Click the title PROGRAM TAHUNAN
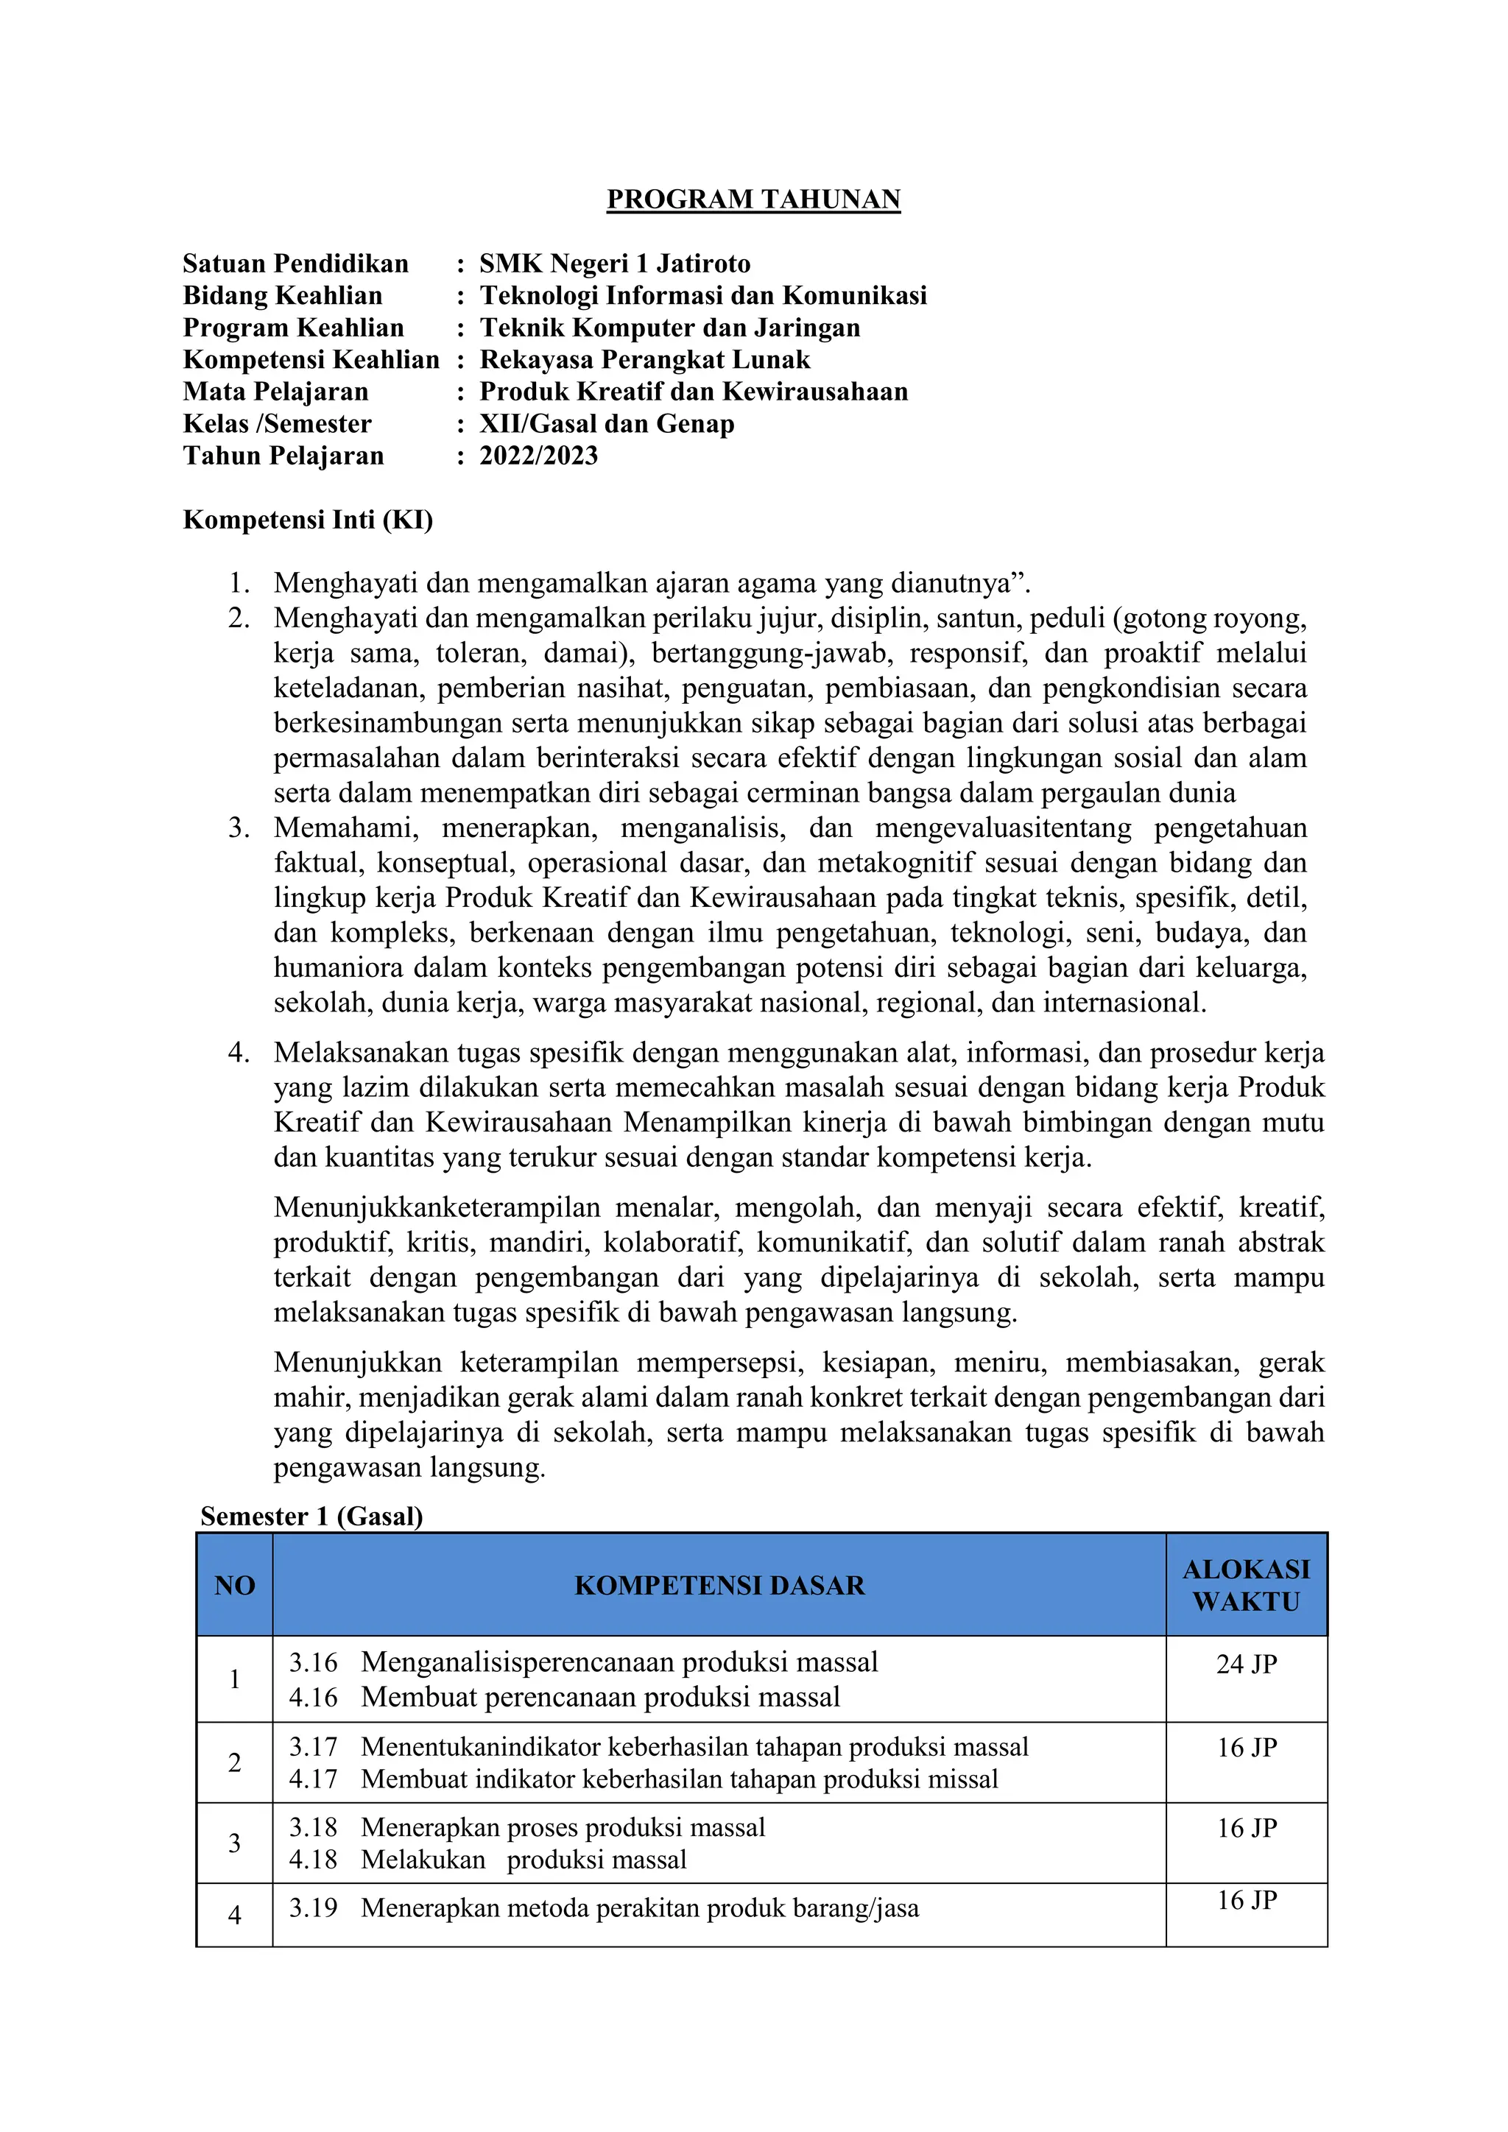click(x=753, y=200)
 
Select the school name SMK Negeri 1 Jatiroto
click(x=615, y=264)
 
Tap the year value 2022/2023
click(x=538, y=456)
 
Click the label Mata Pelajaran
click(x=276, y=392)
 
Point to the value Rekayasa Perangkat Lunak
click(x=644, y=359)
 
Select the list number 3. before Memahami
click(x=239, y=827)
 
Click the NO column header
click(x=235, y=1586)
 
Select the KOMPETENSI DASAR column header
click(x=719, y=1586)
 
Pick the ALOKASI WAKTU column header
click(x=1246, y=1586)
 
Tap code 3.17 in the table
click(x=313, y=1748)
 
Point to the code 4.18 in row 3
click(x=313, y=1860)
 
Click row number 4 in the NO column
click(x=235, y=1915)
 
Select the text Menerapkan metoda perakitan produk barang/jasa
click(x=640, y=1908)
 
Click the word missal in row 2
click(x=967, y=1780)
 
